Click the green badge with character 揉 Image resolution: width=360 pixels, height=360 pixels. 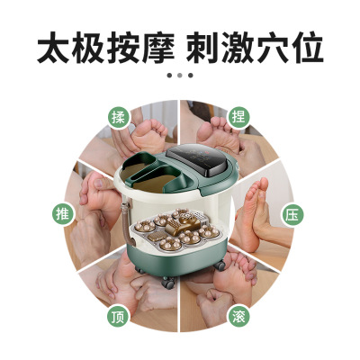coord(118,117)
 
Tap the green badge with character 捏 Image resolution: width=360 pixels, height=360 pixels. coord(238,117)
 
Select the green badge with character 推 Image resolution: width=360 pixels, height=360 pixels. coord(63,214)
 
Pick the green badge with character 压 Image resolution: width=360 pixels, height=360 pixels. coord(292,215)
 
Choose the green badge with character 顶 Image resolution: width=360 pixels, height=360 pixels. coord(118,317)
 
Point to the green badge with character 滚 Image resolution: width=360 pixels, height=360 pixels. coord(238,317)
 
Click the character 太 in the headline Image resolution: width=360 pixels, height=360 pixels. coord(54,48)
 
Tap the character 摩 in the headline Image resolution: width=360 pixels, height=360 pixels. coord(157,48)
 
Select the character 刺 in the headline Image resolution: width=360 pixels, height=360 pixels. coord(202,48)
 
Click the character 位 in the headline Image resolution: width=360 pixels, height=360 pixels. coord(306,48)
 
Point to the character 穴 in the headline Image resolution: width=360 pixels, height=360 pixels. coord(272,48)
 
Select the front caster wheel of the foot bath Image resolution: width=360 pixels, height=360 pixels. coord(168,283)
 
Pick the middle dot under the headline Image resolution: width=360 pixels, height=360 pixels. coord(180,76)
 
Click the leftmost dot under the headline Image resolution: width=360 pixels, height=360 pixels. coord(169,76)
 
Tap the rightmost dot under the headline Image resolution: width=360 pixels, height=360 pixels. coord(190,76)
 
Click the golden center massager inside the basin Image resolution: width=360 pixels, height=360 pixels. coord(180,225)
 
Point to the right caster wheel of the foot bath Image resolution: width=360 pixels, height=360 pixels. coord(220,265)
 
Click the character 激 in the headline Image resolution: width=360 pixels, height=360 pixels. coord(238,48)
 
